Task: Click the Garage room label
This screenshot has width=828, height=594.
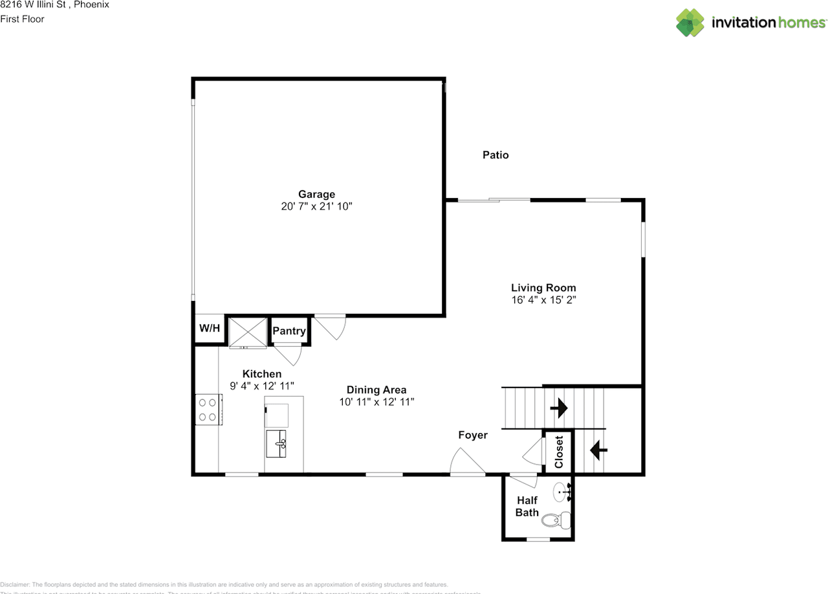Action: click(x=316, y=194)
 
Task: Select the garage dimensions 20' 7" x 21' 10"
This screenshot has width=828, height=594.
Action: click(x=316, y=206)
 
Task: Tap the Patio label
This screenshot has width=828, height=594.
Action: click(x=496, y=155)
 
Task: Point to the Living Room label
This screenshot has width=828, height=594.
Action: click(x=543, y=288)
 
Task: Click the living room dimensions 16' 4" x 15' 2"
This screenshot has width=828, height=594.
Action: click(x=543, y=300)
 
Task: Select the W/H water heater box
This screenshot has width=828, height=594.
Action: click(x=209, y=329)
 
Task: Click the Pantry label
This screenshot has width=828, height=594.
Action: click(x=289, y=331)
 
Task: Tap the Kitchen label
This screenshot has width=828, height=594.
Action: click(x=262, y=374)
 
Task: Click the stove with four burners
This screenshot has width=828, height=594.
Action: click(x=208, y=410)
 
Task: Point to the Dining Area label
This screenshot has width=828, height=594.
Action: click(x=376, y=390)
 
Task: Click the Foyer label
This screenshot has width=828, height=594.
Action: click(x=472, y=435)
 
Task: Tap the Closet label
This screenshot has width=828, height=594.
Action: click(x=559, y=451)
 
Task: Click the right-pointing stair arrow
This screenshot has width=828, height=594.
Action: click(x=558, y=408)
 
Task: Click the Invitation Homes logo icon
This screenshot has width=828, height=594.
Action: click(x=690, y=23)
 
